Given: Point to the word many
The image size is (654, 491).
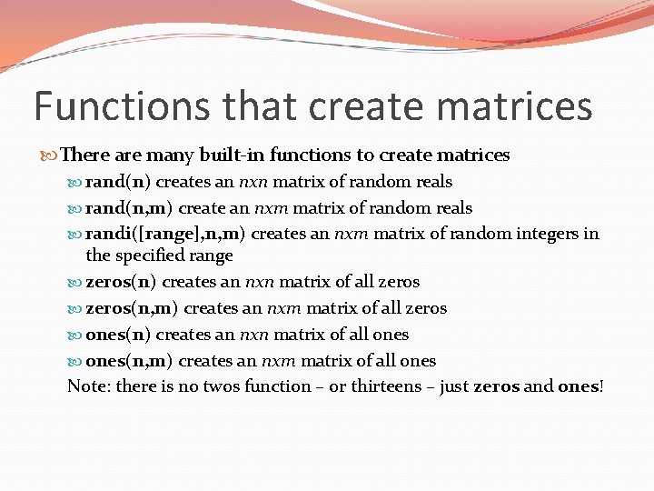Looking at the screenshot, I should [x=175, y=156].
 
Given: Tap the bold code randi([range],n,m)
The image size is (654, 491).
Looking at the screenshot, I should [x=166, y=234].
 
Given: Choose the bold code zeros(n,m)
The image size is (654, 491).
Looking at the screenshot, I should [x=131, y=308].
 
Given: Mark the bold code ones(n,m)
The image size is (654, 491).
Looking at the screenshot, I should [x=126, y=361].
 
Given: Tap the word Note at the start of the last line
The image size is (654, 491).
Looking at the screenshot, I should [x=86, y=386].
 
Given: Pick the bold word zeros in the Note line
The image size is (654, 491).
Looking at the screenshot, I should [x=497, y=386].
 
